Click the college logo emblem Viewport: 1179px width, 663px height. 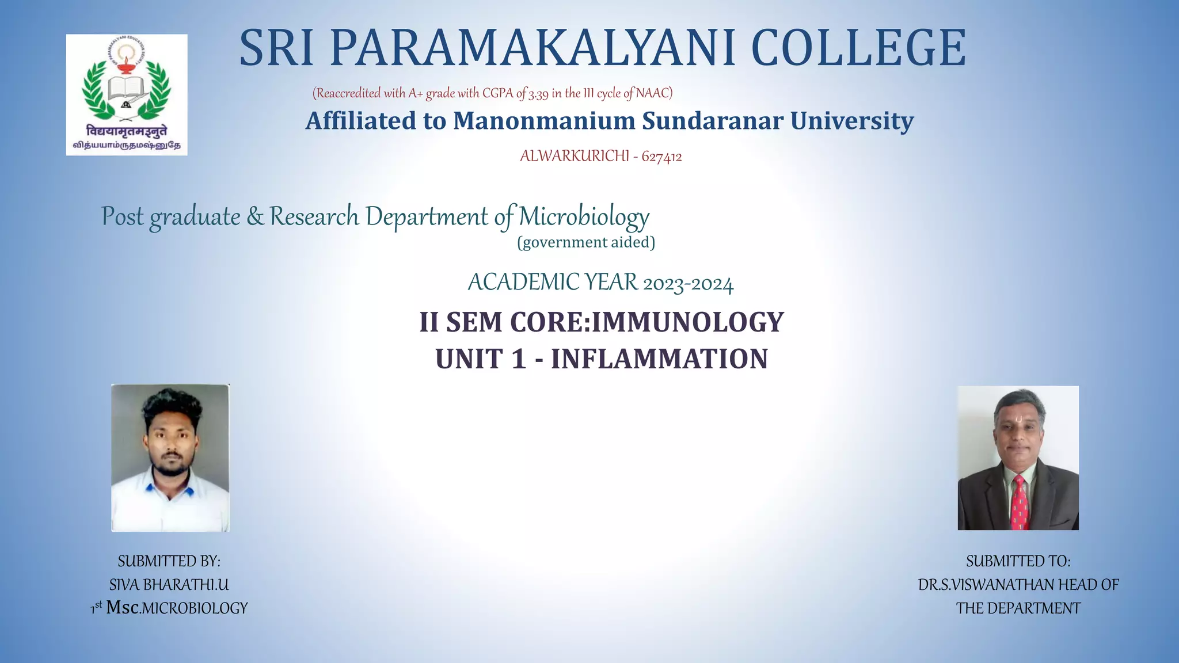coord(127,94)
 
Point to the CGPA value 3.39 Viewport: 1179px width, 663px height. coord(538,94)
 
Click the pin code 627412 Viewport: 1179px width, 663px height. coord(661,157)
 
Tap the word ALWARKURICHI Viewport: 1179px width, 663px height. coord(574,156)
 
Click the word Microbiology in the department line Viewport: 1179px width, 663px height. coord(584,218)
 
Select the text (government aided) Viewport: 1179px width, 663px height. coord(586,242)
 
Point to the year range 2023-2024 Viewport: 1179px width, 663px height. coord(688,284)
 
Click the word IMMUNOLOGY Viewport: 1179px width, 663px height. coord(687,322)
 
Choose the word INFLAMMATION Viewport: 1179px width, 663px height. coord(659,359)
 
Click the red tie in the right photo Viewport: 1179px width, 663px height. coord(1020,501)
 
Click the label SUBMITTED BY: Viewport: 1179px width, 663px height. coord(169,561)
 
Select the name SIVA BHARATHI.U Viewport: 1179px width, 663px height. coord(169,585)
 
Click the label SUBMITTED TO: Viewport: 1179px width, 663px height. coord(1018,561)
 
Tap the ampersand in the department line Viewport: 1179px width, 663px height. coord(255,217)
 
